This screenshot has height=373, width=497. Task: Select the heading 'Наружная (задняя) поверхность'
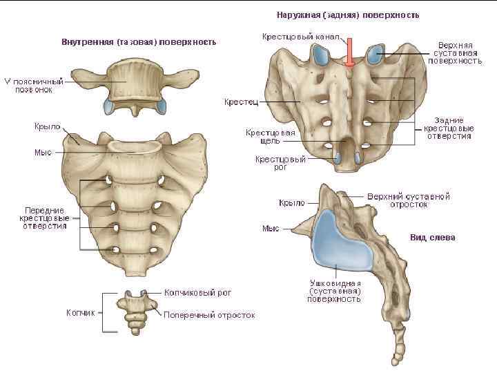pyautogui.click(x=348, y=14)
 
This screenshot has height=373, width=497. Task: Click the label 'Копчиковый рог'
pyautogui.click(x=197, y=293)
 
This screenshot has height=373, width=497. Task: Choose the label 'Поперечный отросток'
pyautogui.click(x=208, y=315)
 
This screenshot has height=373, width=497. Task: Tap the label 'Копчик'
pyautogui.click(x=80, y=313)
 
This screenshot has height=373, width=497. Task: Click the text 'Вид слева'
pyautogui.click(x=432, y=238)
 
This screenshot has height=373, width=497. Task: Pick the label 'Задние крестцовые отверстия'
pyautogui.click(x=449, y=128)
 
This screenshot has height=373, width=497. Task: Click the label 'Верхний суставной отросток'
pyautogui.click(x=409, y=200)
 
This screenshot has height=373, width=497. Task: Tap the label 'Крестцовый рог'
pyautogui.click(x=280, y=163)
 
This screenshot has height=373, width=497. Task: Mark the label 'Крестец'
pyautogui.click(x=241, y=102)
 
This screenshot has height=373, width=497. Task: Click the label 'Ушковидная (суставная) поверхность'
pyautogui.click(x=335, y=291)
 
